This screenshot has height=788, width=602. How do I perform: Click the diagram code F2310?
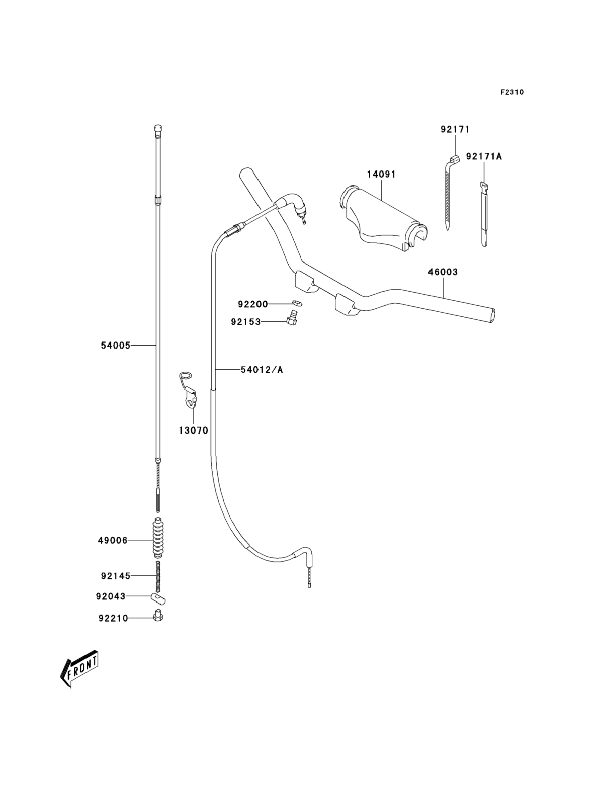tap(512, 92)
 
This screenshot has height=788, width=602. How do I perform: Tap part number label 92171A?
tap(484, 156)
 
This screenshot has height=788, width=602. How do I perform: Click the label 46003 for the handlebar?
tap(443, 272)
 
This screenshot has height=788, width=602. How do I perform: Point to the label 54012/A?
tap(262, 370)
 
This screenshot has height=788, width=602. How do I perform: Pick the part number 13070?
tap(194, 431)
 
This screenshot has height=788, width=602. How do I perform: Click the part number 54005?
tap(115, 346)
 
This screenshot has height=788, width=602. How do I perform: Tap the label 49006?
tap(112, 540)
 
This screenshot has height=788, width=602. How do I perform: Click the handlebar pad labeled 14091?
tap(383, 219)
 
